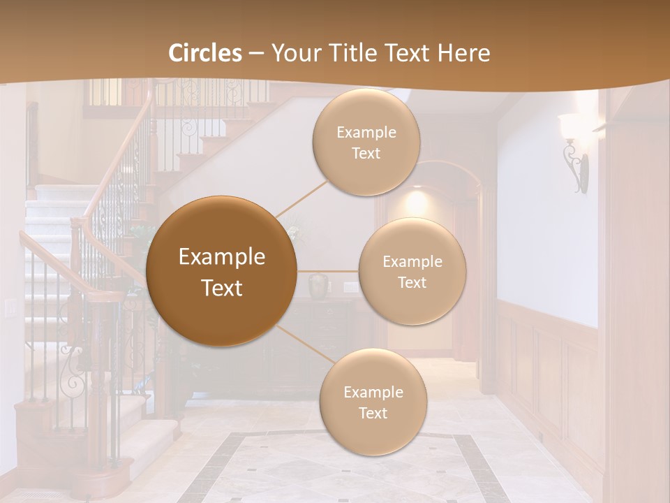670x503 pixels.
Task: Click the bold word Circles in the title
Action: pyautogui.click(x=205, y=53)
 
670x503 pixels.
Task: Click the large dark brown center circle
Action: pyautogui.click(x=222, y=271)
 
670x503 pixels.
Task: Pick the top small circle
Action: pyautogui.click(x=366, y=142)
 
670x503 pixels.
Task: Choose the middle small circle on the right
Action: pyautogui.click(x=412, y=271)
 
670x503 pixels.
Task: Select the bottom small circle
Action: pyautogui.click(x=373, y=402)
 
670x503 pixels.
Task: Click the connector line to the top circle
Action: pyautogui.click(x=301, y=198)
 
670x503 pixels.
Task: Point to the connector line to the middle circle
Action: pyautogui.click(x=328, y=271)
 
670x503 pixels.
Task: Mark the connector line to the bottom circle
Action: pyautogui.click(x=307, y=344)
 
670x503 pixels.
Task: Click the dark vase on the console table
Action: pyautogui.click(x=320, y=286)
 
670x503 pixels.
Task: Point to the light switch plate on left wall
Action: pyautogui.click(x=10, y=307)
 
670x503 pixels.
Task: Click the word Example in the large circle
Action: pyautogui.click(x=222, y=257)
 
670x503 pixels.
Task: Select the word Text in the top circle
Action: pyautogui.click(x=366, y=153)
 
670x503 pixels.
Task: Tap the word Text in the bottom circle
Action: pyautogui.click(x=373, y=413)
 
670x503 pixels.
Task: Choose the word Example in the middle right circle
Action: pyautogui.click(x=412, y=261)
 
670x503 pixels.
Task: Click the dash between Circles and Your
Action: pyautogui.click(x=256, y=54)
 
